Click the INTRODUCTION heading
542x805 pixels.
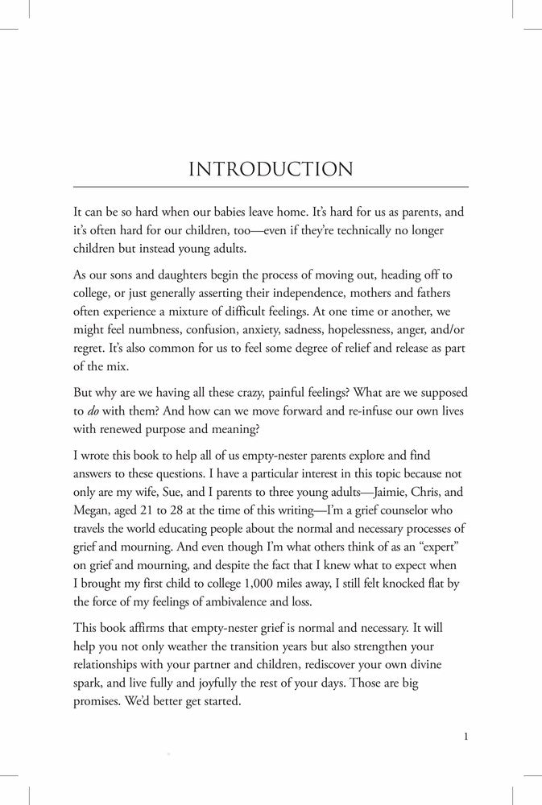271,170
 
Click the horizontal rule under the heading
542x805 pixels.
271,187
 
